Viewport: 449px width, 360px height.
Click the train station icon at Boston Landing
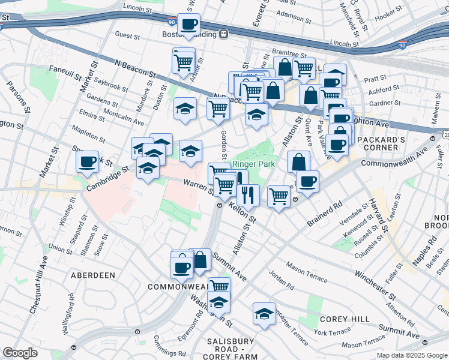point(224,34)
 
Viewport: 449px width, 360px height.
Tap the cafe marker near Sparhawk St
point(88,161)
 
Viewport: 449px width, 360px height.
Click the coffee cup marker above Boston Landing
point(189,24)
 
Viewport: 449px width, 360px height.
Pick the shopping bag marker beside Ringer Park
point(298,161)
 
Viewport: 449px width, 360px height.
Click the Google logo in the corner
point(20,353)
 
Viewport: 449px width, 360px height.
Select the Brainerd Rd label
point(324,214)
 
